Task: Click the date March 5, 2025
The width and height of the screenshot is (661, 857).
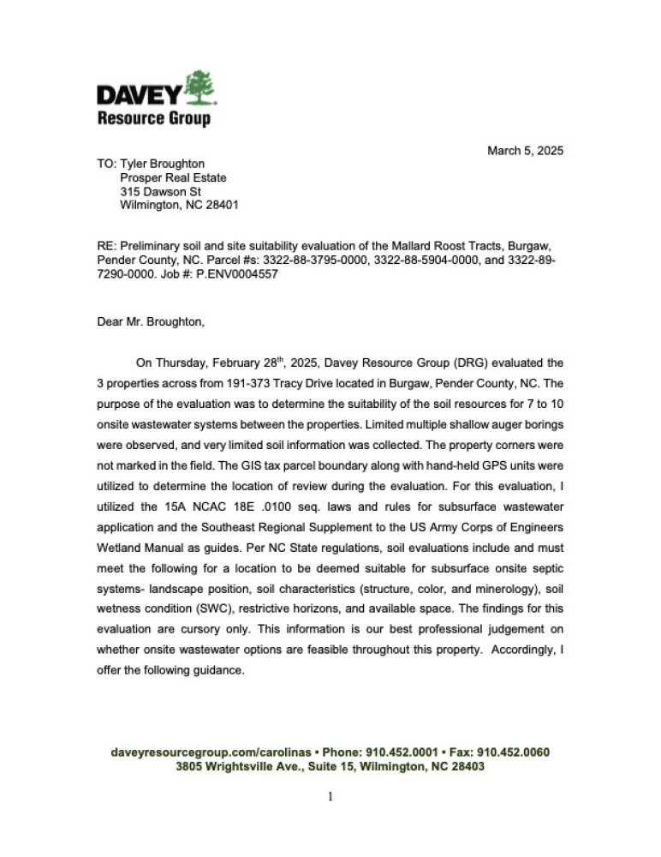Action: [525, 151]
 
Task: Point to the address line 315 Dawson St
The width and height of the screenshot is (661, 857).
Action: [160, 192]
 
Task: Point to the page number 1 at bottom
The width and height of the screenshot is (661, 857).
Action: [330, 796]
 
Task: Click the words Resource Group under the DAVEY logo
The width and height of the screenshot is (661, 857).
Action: [153, 119]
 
